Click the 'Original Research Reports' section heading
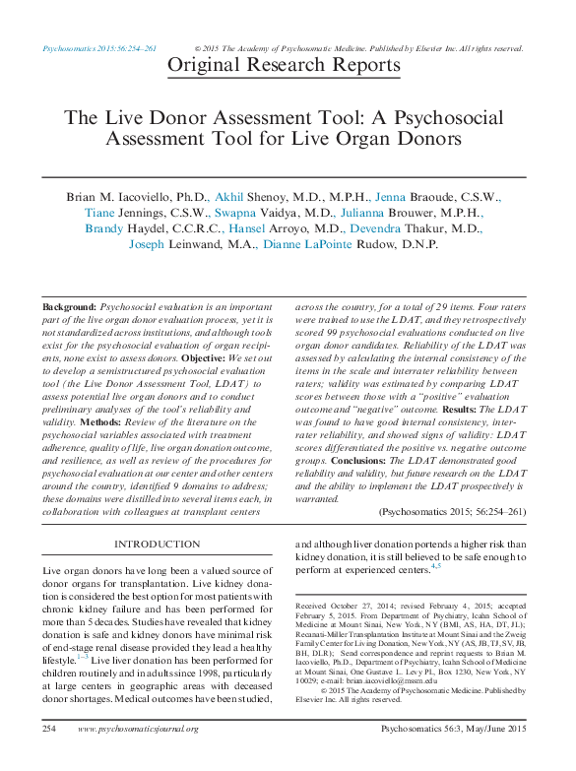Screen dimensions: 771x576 pos(285,66)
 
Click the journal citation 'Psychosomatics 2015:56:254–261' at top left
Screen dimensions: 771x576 pos(99,47)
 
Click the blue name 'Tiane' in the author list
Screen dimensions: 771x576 pos(99,213)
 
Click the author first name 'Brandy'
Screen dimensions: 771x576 pos(104,228)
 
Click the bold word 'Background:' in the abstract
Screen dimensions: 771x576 pos(69,308)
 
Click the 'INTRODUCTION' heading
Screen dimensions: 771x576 pos(157,545)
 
